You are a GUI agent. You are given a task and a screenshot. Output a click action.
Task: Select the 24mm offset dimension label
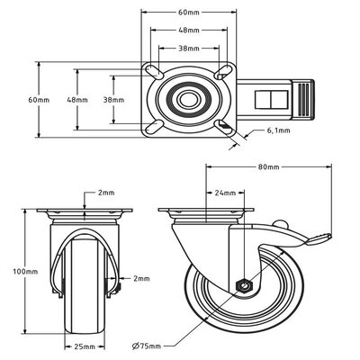point(225,193)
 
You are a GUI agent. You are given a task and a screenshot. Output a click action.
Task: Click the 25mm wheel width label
point(85,346)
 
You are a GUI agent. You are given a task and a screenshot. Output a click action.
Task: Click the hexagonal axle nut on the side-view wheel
point(243,286)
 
